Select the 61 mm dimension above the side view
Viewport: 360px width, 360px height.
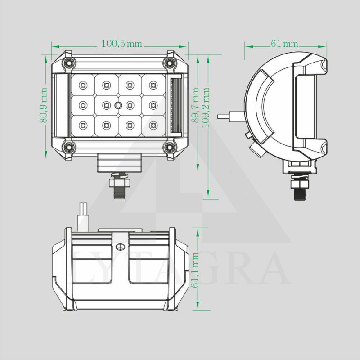point(284,44)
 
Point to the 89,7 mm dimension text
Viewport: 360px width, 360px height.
point(195,105)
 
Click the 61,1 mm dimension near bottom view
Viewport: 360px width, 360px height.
point(195,270)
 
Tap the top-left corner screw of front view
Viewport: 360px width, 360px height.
point(68,63)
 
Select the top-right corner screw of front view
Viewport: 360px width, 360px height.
point(171,63)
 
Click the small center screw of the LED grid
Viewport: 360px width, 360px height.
point(118,105)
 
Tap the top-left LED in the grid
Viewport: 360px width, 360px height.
point(83,84)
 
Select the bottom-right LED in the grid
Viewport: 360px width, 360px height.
point(153,126)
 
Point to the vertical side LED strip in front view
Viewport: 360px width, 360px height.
point(175,105)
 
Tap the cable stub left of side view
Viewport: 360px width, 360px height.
point(228,116)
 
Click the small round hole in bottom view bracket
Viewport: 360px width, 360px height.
point(120,247)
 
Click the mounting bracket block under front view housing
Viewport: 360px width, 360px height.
point(120,162)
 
